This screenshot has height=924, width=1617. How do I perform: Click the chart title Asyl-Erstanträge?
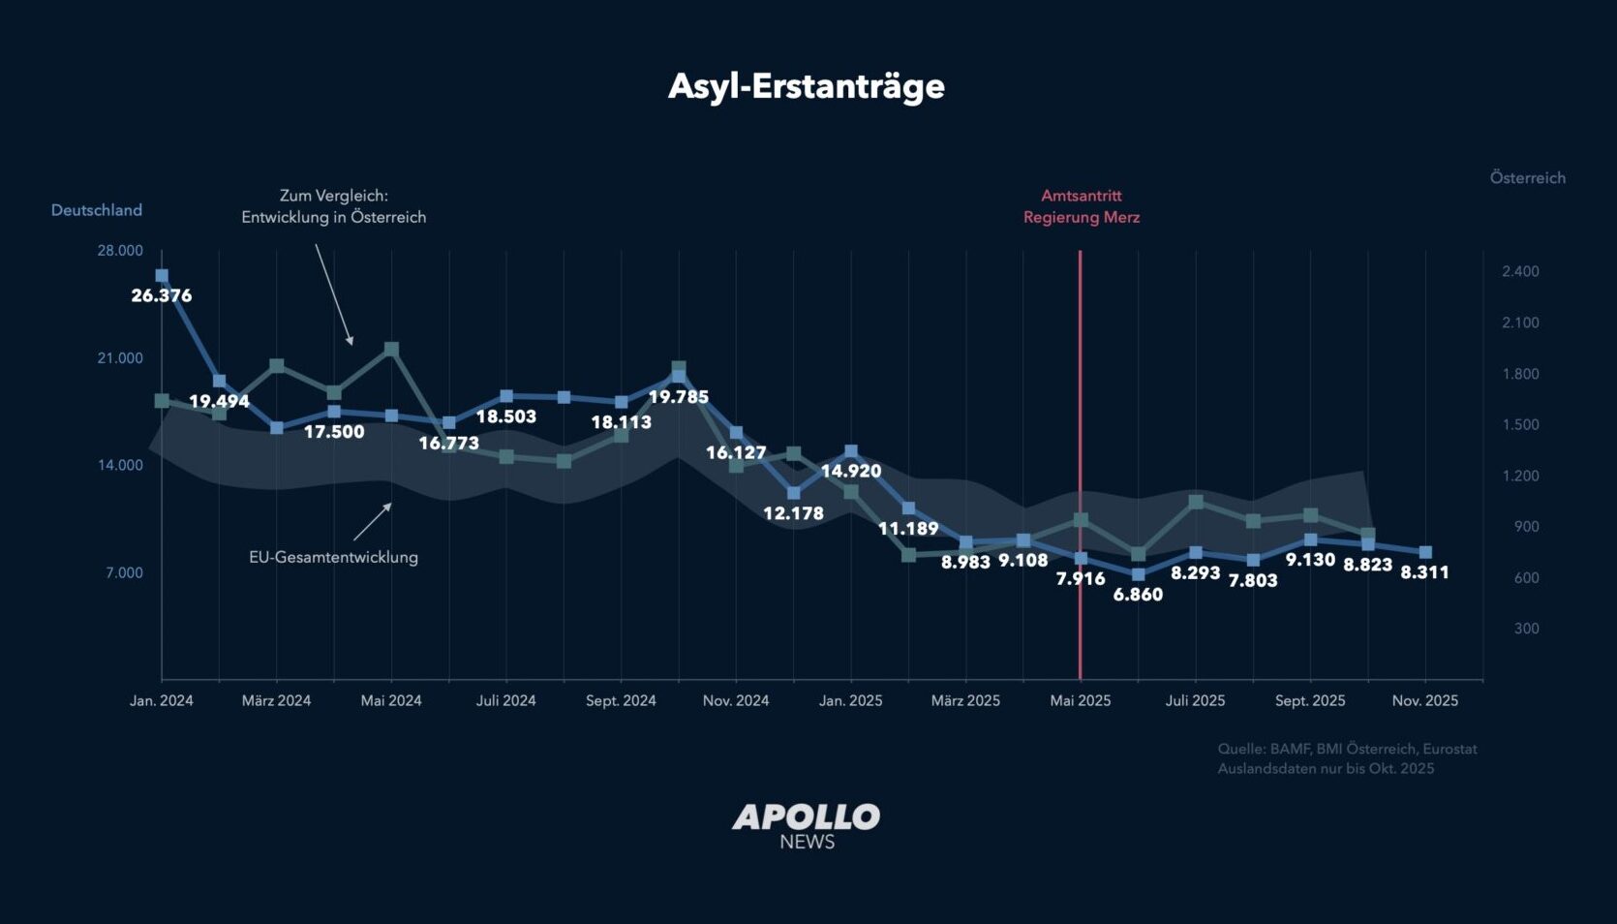pyautogui.click(x=806, y=86)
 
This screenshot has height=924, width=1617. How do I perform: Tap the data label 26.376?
pyautogui.click(x=162, y=295)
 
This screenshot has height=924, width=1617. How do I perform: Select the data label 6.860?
pyautogui.click(x=1138, y=595)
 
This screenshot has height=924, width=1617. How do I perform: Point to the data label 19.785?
pyautogui.click(x=678, y=397)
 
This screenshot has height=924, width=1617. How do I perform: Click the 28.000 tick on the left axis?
pyautogui.click(x=120, y=251)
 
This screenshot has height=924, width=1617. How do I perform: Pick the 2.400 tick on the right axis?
pyautogui.click(x=1520, y=271)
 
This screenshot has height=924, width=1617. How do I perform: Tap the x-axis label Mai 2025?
pyautogui.click(x=1081, y=700)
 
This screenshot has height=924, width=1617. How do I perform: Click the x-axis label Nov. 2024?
pyautogui.click(x=736, y=700)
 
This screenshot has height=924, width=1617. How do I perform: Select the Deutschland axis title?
pyautogui.click(x=97, y=210)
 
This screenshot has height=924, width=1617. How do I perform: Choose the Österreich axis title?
pyautogui.click(x=1527, y=178)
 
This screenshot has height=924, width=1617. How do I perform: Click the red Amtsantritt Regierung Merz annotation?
pyautogui.click(x=1082, y=206)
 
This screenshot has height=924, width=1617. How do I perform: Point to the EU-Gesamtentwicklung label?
pyautogui.click(x=333, y=557)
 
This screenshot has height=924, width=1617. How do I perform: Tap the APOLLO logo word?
pyautogui.click(x=806, y=817)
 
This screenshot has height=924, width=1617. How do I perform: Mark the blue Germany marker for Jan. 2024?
pyautogui.click(x=162, y=276)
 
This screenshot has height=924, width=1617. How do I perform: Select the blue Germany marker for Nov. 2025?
pyautogui.click(x=1425, y=552)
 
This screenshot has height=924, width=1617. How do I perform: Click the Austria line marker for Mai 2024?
pyautogui.click(x=391, y=349)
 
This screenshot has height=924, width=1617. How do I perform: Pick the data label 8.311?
pyautogui.click(x=1424, y=572)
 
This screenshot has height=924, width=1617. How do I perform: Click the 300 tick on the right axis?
pyautogui.click(x=1526, y=629)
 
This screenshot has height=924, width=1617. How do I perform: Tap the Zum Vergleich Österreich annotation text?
pyautogui.click(x=334, y=206)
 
